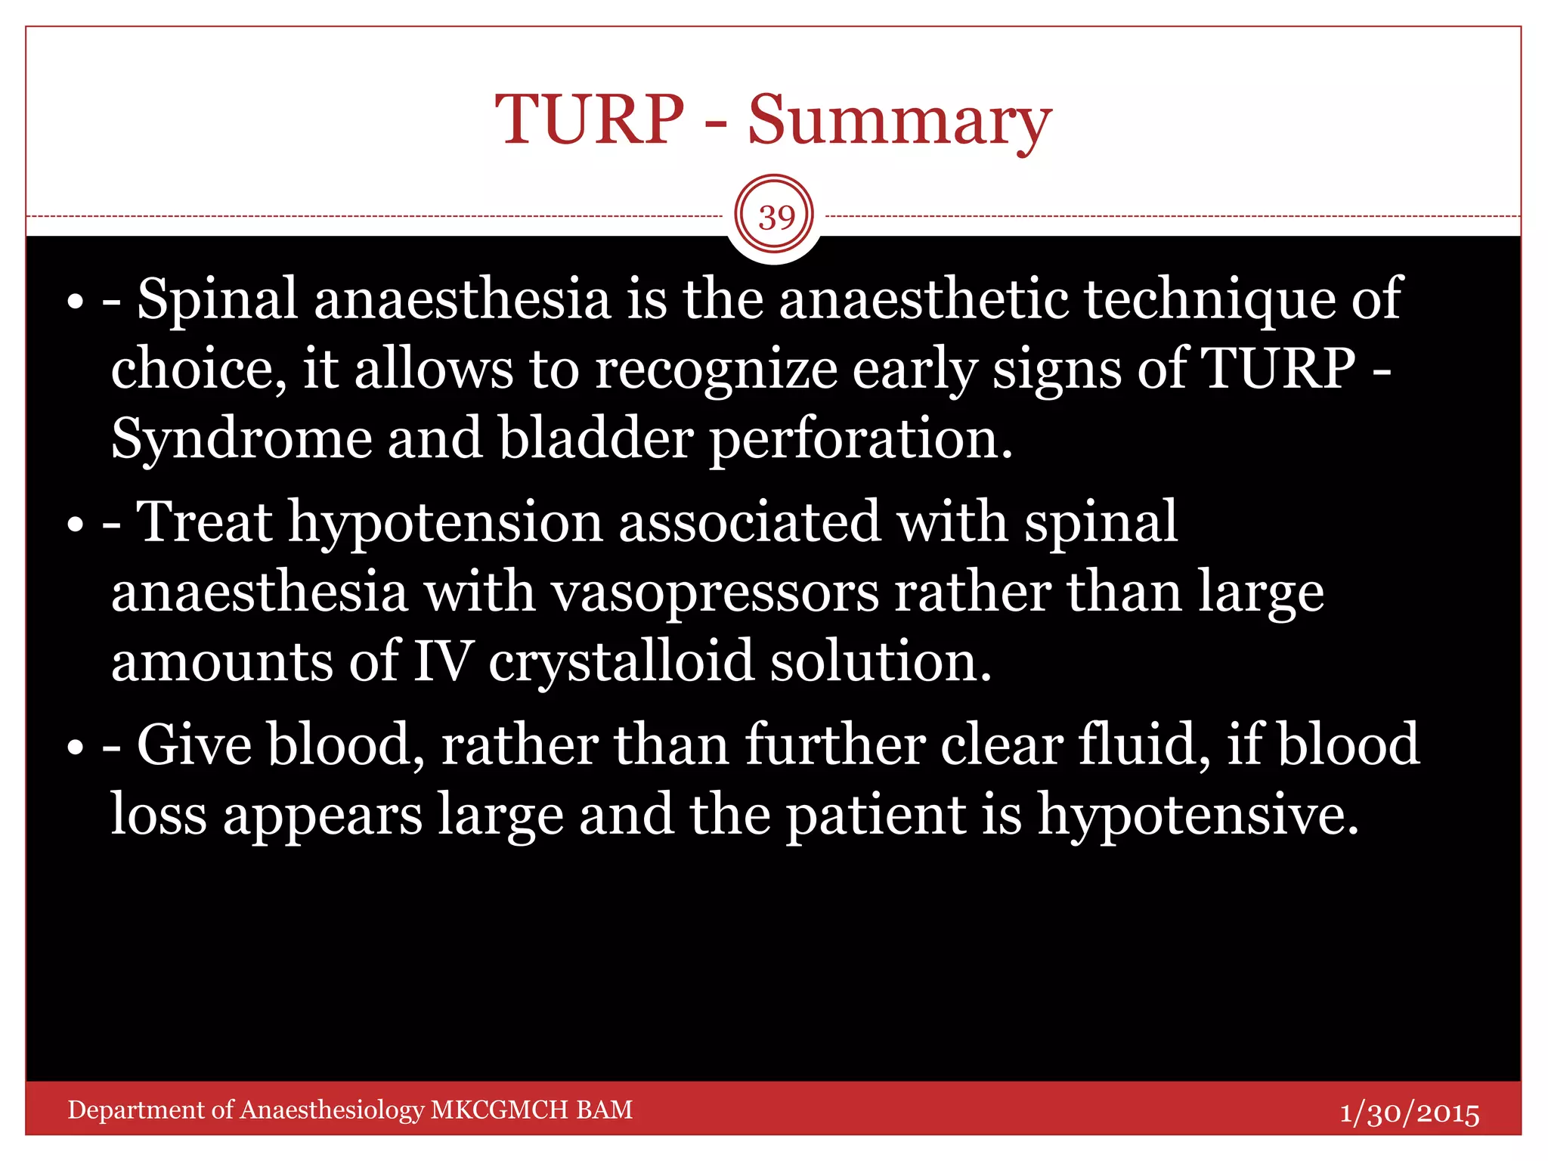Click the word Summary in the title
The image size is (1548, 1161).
[899, 121]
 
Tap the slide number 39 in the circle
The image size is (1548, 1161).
[776, 218]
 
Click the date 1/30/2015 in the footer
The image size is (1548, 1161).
[1409, 1113]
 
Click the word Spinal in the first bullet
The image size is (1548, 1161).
[217, 299]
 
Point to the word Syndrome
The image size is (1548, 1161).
[241, 440]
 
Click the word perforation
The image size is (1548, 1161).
[860, 440]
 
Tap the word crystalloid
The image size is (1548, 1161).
[621, 661]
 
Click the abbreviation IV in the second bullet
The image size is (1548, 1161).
[444, 661]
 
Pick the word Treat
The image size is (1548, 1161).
[204, 522]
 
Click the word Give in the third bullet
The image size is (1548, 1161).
[194, 745]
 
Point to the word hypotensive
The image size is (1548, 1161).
[1197, 815]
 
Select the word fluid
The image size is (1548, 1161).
[1144, 745]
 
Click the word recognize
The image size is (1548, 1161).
[717, 370]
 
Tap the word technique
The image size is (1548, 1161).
[1209, 299]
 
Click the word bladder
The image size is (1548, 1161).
[595, 440]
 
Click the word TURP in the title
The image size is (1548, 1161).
[589, 121]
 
